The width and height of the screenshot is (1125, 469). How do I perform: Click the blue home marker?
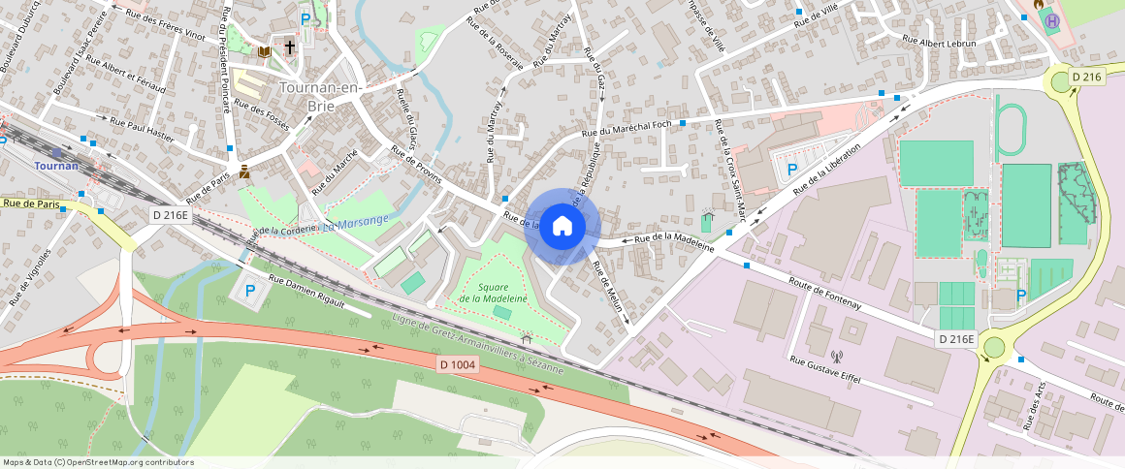point(562,227)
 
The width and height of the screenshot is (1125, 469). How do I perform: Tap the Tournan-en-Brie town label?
point(320,96)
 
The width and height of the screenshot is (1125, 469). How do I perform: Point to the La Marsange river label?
point(356,221)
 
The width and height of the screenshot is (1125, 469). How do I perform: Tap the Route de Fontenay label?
point(825,303)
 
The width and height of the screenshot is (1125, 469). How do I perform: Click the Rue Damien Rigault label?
point(306,292)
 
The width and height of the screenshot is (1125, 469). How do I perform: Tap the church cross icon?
point(289,47)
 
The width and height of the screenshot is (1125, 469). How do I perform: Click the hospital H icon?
point(1053,20)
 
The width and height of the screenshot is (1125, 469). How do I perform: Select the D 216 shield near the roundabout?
point(1088,77)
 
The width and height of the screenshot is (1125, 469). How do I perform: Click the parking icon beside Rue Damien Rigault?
point(249,290)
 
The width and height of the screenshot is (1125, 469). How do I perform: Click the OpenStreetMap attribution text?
point(97,462)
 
